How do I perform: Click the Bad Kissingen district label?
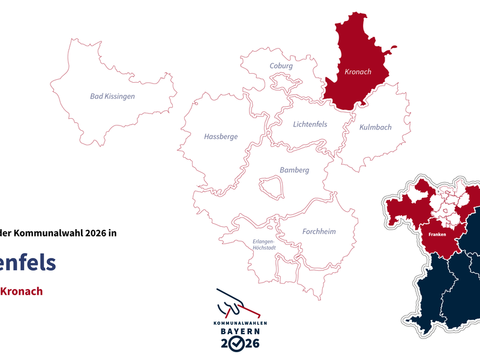112,96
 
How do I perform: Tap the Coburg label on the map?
281,66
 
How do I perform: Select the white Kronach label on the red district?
358,72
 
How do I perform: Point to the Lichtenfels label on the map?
310,124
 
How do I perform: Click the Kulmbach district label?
375,127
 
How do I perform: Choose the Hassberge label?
221,136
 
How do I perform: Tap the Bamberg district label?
294,170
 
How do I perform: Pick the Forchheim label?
319,232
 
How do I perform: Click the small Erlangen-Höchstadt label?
263,245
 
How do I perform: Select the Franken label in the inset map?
437,235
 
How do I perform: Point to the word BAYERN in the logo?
240,331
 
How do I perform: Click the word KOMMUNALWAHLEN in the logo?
240,323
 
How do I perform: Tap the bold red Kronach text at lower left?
21,291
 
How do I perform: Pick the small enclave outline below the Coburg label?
280,80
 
